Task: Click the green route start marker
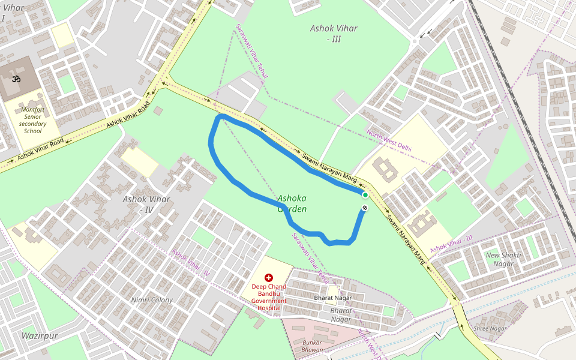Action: coord(365,195)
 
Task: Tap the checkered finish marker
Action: coord(365,208)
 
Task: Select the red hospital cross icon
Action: coord(268,278)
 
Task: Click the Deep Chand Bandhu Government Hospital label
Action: coord(268,297)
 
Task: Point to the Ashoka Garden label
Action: coord(292,203)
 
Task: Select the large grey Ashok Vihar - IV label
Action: coord(146,205)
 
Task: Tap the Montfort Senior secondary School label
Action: coord(33,120)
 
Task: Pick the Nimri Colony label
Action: coord(152,300)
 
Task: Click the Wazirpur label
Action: coord(40,336)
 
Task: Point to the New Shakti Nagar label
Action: coord(503,259)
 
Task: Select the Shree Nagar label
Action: coord(490,328)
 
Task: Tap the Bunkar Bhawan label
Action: coord(312,346)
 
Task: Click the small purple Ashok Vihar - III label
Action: coord(451,242)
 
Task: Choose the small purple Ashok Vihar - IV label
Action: coord(190,262)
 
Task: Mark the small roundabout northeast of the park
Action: coord(415,41)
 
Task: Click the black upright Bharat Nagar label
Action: coord(332,298)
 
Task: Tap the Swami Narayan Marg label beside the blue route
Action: coord(329,168)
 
